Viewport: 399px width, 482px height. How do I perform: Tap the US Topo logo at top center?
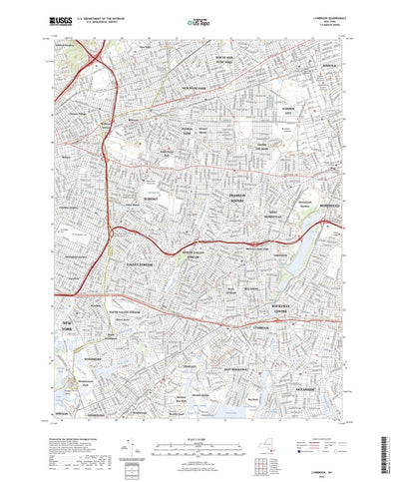[x=199, y=19]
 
